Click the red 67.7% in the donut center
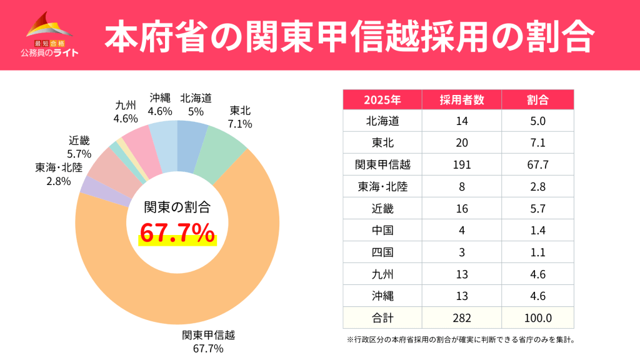coord(177,234)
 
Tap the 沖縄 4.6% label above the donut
coord(160,104)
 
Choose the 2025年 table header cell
coord(382,100)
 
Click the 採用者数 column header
coord(461,100)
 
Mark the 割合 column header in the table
coord(537,100)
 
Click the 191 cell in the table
coord(461,165)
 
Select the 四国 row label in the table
coord(382,252)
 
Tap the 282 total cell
coord(461,318)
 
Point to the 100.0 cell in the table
coord(537,318)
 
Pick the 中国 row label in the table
coord(382,231)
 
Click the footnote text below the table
coord(459,341)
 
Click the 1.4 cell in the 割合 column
coord(537,231)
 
